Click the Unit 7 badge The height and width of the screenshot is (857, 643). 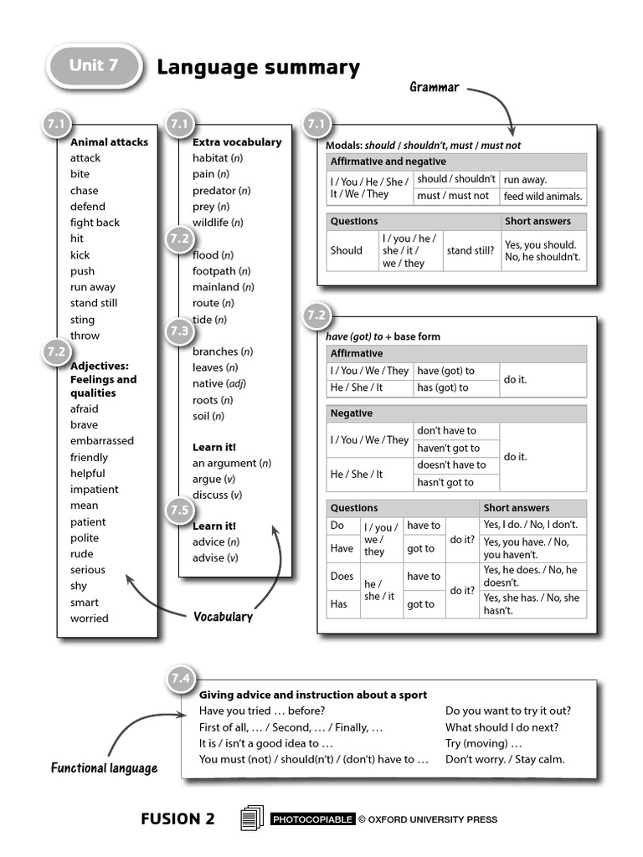(x=94, y=66)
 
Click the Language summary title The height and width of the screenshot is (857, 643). (x=258, y=67)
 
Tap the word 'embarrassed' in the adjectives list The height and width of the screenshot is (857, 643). (x=101, y=441)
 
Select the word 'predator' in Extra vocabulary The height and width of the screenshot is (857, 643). (x=215, y=190)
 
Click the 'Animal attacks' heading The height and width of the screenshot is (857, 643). (x=109, y=142)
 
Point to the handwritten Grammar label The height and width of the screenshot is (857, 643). (x=434, y=87)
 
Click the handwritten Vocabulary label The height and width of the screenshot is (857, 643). (x=223, y=617)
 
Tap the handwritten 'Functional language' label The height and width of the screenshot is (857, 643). (x=104, y=767)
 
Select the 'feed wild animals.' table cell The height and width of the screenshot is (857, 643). (x=543, y=197)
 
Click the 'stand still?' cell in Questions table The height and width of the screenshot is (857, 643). (x=470, y=250)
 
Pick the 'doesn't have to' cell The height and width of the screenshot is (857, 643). (x=451, y=465)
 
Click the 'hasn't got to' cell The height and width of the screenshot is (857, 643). (x=445, y=482)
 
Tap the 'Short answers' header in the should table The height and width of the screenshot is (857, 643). (x=538, y=222)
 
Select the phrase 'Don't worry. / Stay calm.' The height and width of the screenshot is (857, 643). (x=505, y=759)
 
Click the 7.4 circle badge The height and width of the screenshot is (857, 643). (x=181, y=679)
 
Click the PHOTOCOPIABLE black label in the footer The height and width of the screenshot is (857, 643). (x=312, y=819)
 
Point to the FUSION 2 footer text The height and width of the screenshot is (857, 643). (x=177, y=819)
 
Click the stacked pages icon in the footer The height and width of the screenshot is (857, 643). (x=251, y=818)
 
